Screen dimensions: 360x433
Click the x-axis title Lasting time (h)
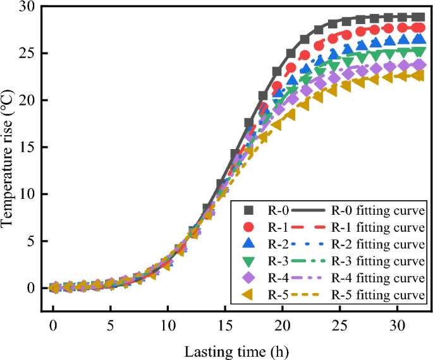point(237,349)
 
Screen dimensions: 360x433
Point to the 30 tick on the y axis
point(27,6)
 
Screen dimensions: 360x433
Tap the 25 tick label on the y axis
point(27,53)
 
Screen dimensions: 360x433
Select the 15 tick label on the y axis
point(27,147)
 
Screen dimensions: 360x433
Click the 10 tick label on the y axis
point(27,194)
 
